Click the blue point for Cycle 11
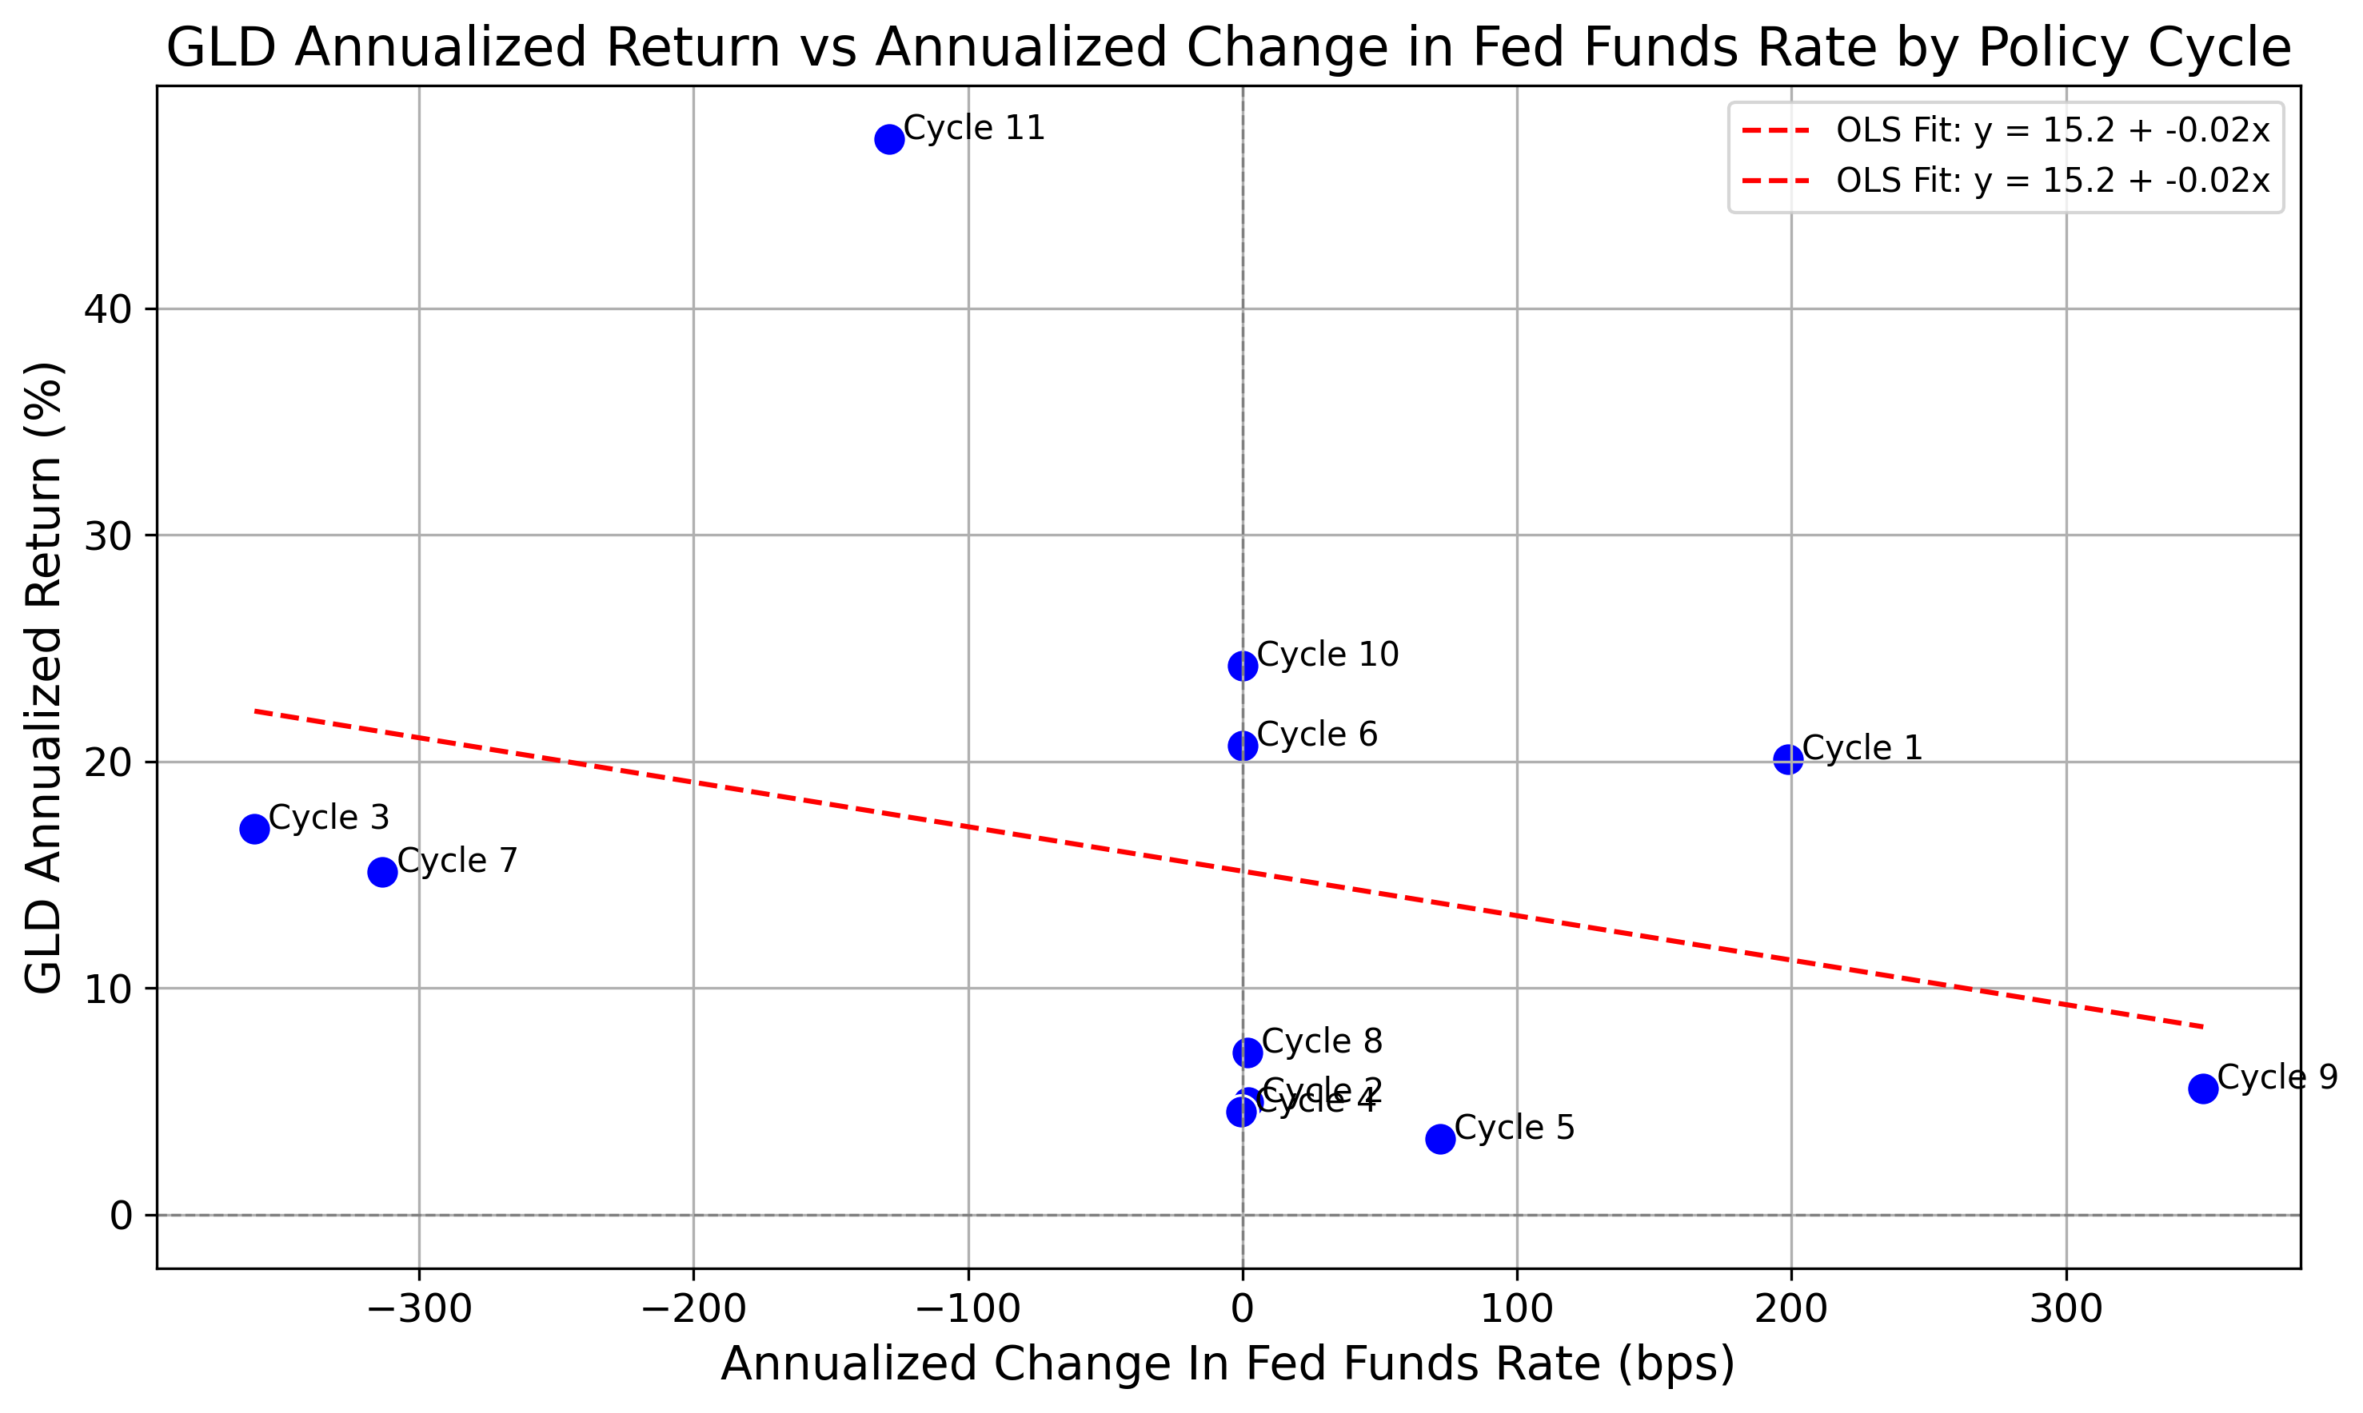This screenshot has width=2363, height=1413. tap(888, 139)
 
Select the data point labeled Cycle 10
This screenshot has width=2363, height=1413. tap(1242, 666)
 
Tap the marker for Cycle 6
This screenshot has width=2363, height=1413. tap(1242, 746)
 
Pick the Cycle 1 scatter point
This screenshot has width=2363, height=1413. tap(1788, 759)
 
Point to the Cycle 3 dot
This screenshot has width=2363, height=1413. tap(254, 828)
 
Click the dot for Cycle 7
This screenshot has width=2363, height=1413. tap(382, 871)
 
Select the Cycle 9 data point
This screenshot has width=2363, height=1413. tap(2203, 1089)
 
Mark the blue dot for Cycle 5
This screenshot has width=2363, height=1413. tap(1440, 1138)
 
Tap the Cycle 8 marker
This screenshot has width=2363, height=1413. tap(1247, 1052)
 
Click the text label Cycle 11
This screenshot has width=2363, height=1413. tap(973, 128)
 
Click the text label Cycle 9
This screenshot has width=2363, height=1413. tap(2277, 1077)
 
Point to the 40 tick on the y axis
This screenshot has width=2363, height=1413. tap(106, 309)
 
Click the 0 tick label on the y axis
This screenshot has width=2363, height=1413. tap(121, 1216)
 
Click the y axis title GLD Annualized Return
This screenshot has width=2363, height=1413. tap(44, 677)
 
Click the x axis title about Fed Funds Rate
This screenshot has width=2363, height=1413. tap(1227, 1363)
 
